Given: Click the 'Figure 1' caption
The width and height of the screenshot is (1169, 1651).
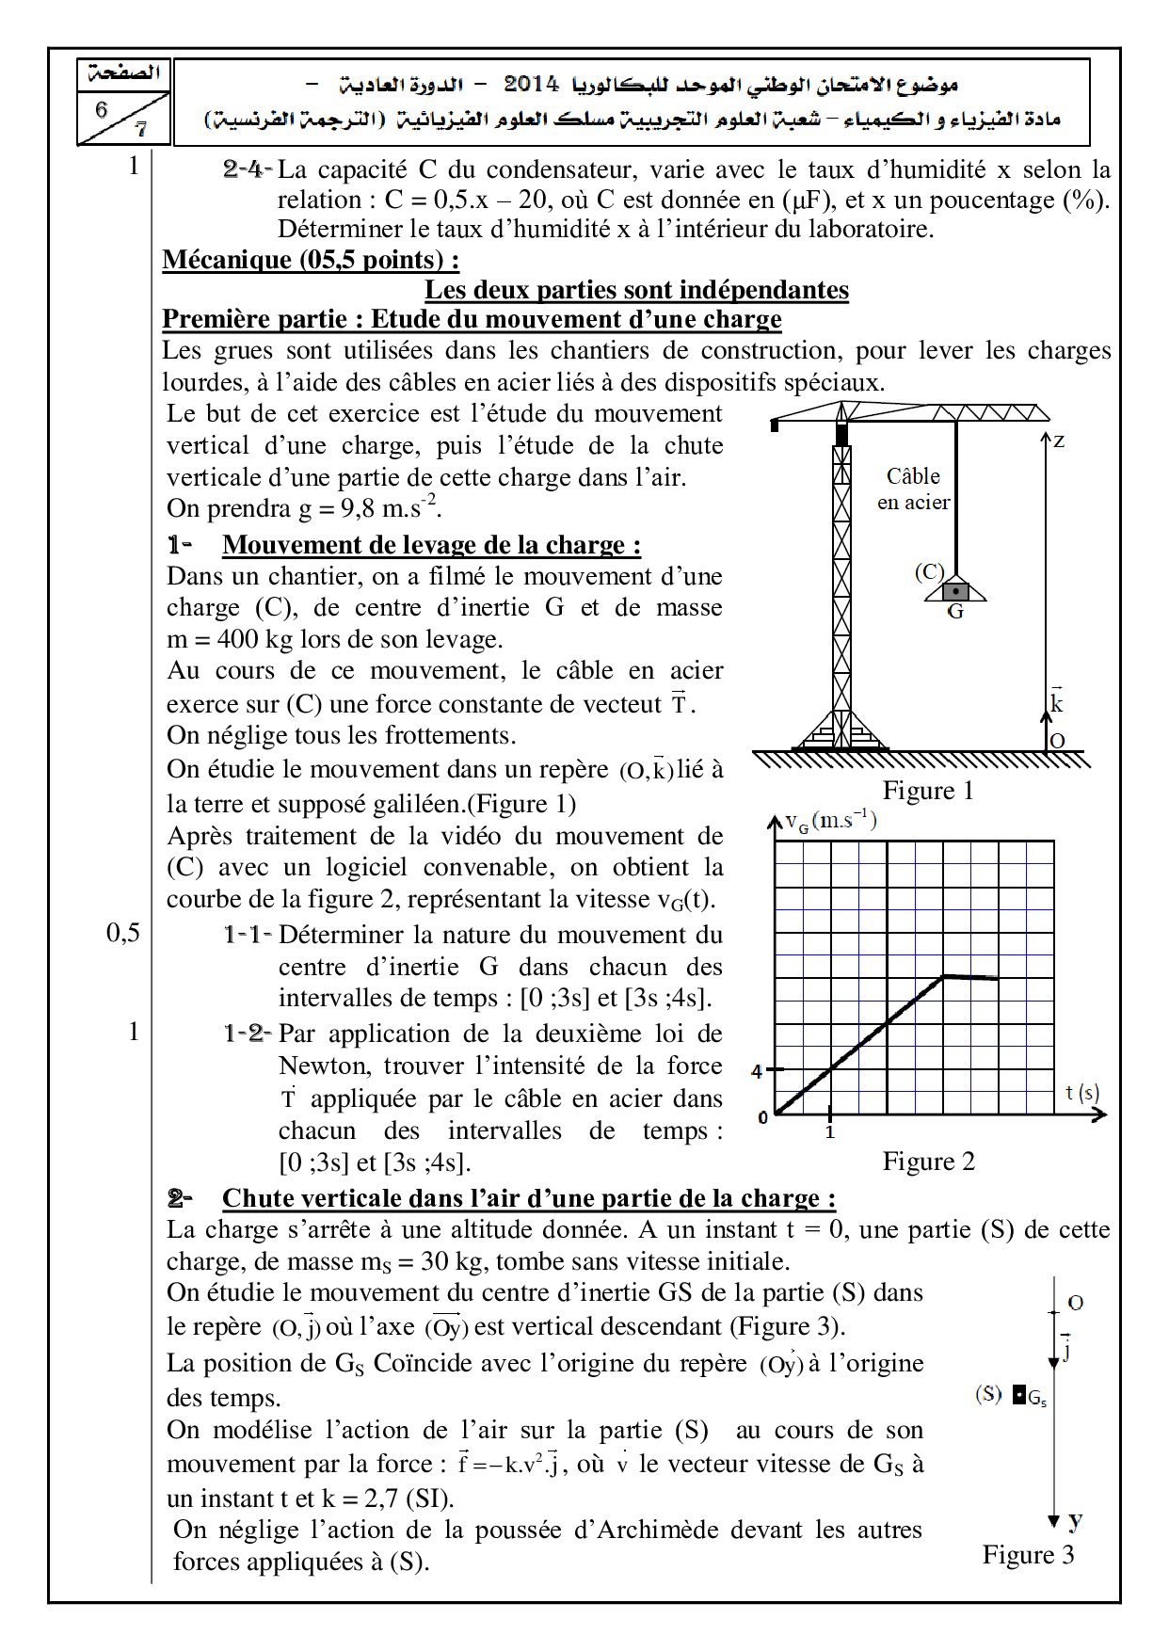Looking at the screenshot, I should pyautogui.click(x=927, y=791).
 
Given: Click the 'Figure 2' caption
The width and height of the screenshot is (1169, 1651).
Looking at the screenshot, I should pyautogui.click(x=928, y=1161).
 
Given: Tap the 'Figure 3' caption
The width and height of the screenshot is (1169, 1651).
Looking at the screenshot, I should pyautogui.click(x=1028, y=1553).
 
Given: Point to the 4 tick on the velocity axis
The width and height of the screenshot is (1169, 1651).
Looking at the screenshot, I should pyautogui.click(x=756, y=1071).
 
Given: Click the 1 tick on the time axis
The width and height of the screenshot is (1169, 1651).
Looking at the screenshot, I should pyautogui.click(x=830, y=1132).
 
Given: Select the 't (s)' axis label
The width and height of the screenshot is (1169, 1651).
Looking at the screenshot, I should pyautogui.click(x=1082, y=1093).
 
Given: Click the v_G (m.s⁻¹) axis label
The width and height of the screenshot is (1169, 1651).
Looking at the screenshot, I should pyautogui.click(x=831, y=821).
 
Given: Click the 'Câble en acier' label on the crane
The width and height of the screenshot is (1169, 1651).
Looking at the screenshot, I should pyautogui.click(x=913, y=489).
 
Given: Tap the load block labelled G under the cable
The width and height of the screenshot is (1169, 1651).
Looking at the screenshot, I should pyautogui.click(x=955, y=591).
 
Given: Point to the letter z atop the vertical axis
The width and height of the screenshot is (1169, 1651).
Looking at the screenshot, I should pyautogui.click(x=1059, y=440).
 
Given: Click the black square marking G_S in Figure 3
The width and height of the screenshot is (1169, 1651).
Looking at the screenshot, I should pyautogui.click(x=1018, y=1395).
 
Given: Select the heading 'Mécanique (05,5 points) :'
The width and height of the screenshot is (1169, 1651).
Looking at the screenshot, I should pyautogui.click(x=311, y=260).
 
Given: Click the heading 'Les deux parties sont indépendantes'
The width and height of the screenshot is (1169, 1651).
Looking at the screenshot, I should pyautogui.click(x=636, y=290).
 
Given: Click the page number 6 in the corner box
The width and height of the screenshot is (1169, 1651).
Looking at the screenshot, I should pyautogui.click(x=102, y=108).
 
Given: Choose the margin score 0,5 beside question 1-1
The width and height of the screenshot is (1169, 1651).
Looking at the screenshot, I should pyautogui.click(x=123, y=933).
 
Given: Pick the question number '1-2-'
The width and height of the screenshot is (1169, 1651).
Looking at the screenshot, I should pyautogui.click(x=248, y=1034).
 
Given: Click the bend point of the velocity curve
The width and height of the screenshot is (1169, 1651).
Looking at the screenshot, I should pyautogui.click(x=943, y=976).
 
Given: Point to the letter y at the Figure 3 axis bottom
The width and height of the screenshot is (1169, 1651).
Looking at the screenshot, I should pyautogui.click(x=1074, y=1519).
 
